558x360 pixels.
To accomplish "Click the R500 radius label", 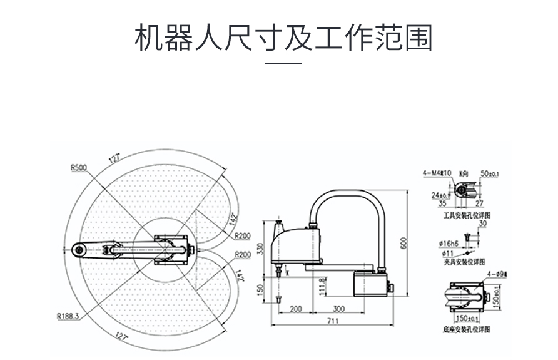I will coord(79,167).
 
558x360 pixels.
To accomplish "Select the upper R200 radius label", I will coord(243,237).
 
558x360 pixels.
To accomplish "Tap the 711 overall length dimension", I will coord(332,321).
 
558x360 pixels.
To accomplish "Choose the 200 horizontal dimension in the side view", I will coord(296,309).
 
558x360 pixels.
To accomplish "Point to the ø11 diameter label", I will coord(447,252).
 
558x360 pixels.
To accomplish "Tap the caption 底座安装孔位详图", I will coord(465,328).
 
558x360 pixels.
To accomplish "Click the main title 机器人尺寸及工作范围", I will coord(283,38).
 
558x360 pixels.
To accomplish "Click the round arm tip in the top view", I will coord(79,250).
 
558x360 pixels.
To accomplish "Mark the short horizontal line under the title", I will coord(283,63).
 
